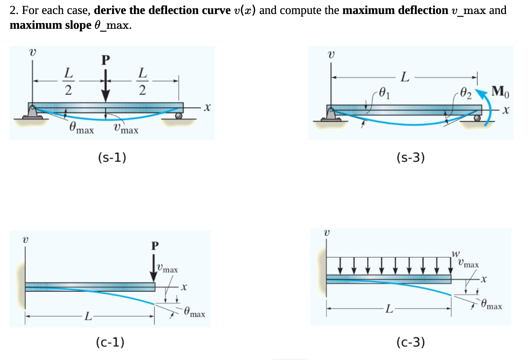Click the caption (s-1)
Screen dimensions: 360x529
pos(112,157)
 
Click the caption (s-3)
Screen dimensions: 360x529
pos(410,157)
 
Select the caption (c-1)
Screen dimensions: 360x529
pos(110,342)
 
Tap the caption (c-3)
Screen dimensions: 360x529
pos(410,342)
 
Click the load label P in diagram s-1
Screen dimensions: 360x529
pos(106,60)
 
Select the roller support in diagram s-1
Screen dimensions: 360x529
pos(178,115)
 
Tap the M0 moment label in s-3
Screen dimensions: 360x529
pos(500,92)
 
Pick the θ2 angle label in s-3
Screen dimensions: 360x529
pos(465,93)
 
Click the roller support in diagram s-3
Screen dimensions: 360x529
pos(477,118)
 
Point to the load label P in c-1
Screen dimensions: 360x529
pos(155,246)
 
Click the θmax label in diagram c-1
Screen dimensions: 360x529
pos(194,313)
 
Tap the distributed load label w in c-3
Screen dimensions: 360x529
pos(456,253)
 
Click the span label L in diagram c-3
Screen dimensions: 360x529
pos(389,309)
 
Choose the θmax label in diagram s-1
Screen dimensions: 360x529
pos(81,128)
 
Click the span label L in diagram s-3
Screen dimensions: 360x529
pos(405,77)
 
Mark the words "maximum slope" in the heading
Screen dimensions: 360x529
pos(50,25)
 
